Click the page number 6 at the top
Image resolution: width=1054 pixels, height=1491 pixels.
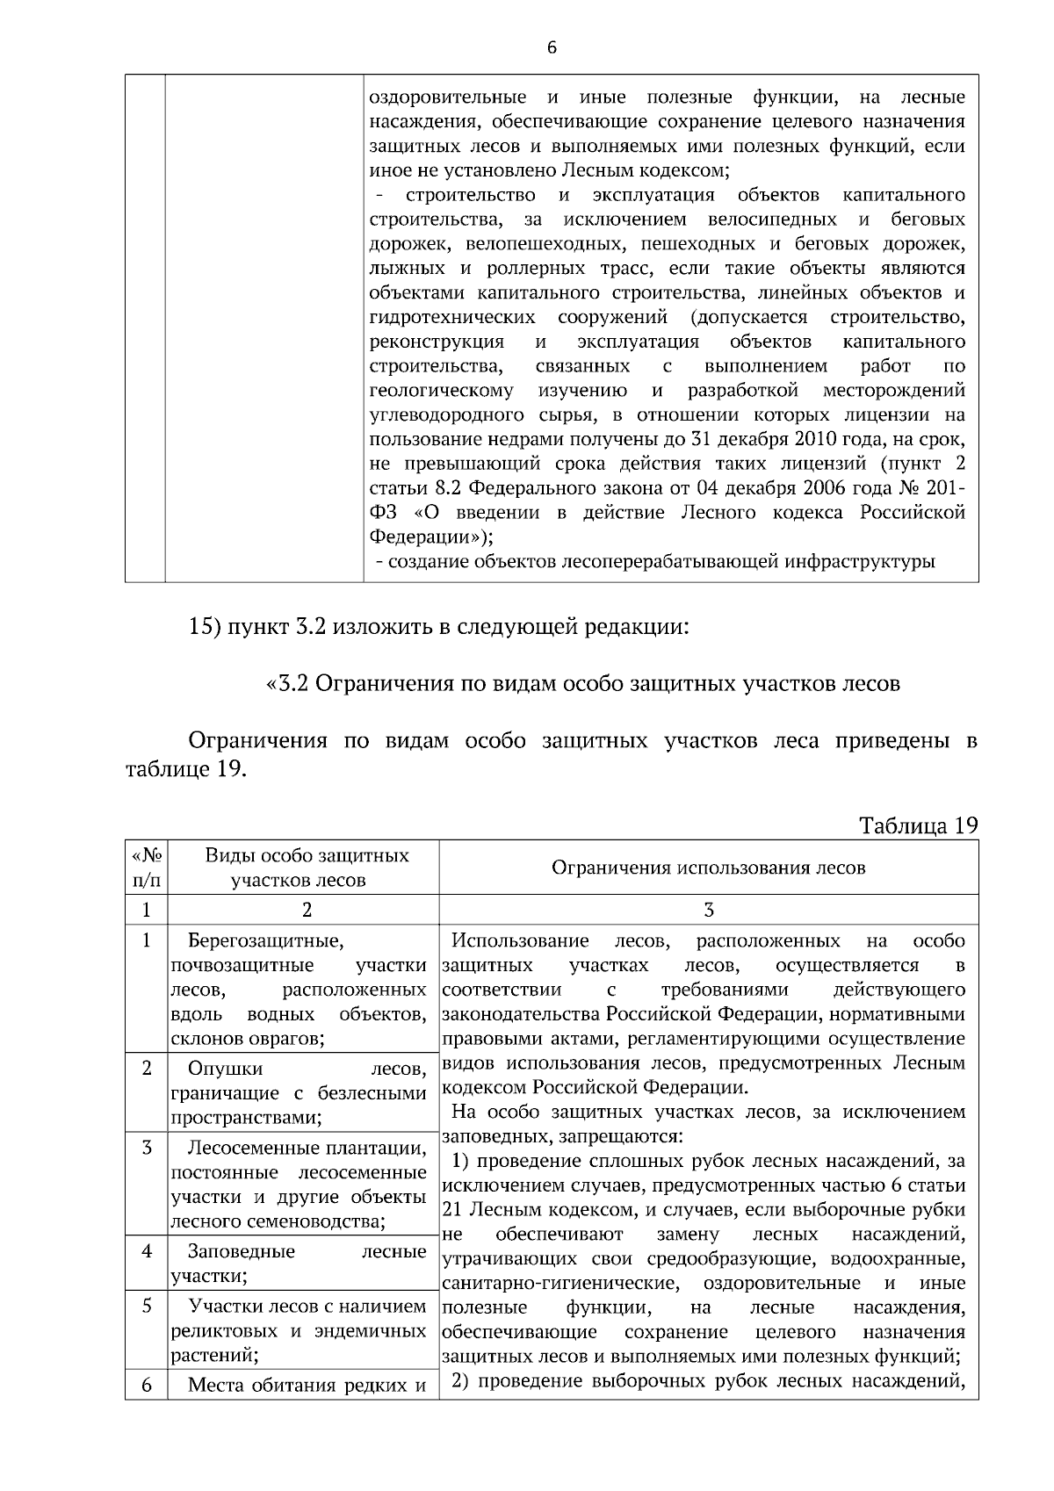552,48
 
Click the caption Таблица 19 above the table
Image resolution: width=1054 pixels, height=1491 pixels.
918,825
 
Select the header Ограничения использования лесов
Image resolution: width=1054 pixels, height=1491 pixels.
708,868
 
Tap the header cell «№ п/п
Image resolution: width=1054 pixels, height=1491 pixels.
146,868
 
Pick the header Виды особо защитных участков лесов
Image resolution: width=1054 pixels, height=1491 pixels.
306,868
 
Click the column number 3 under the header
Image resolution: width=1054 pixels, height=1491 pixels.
709,910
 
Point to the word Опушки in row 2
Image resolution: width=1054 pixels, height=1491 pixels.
225,1069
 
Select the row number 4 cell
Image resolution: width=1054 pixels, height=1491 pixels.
147,1251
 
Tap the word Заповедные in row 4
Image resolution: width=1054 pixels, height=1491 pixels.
242,1251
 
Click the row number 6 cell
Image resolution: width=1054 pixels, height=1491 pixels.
147,1386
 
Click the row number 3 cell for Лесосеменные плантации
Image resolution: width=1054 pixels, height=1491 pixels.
147,1148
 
